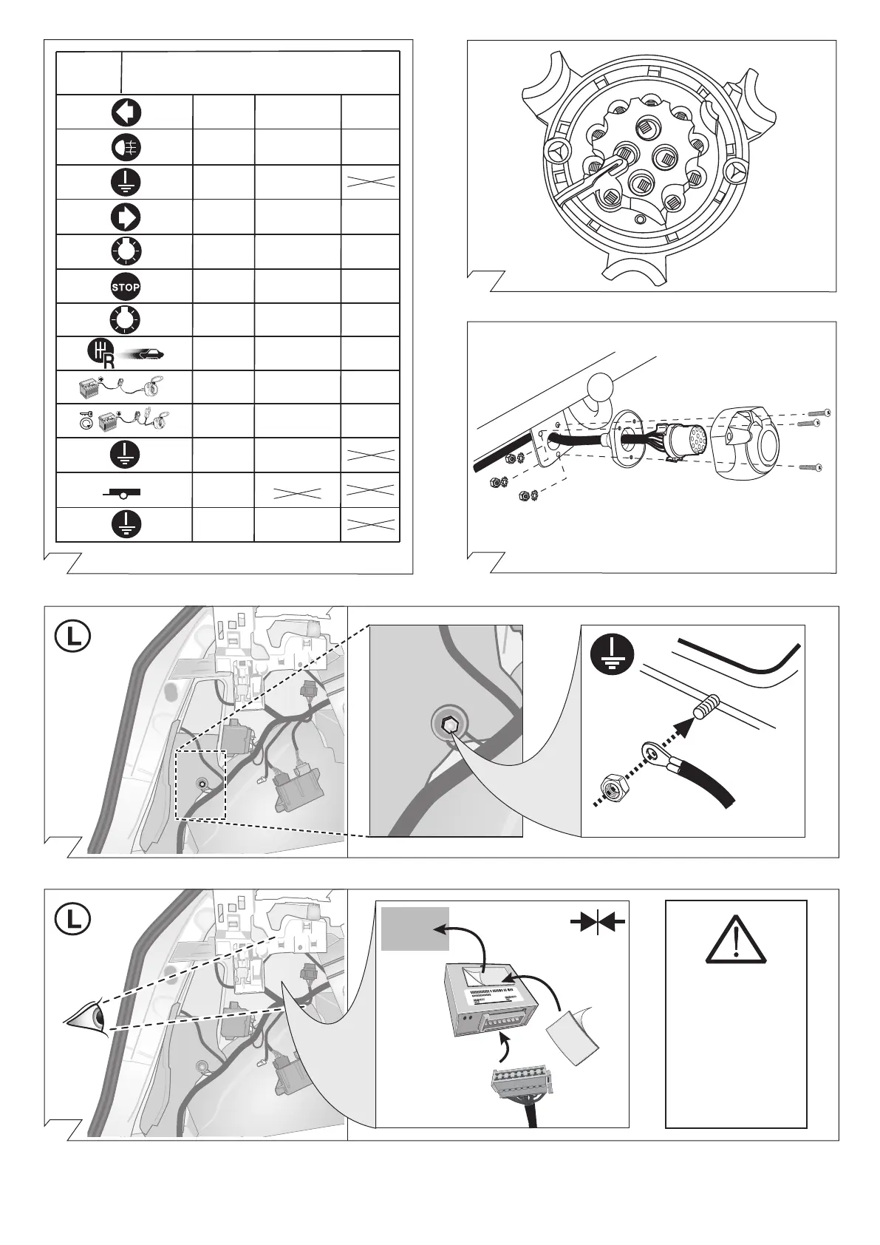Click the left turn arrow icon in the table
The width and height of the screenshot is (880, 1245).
(126, 112)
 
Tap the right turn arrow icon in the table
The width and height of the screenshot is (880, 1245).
(126, 217)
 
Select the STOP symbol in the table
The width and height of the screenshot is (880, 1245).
(126, 286)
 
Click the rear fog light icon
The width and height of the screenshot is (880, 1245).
(126, 147)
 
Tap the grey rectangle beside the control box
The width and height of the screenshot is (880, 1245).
(415, 928)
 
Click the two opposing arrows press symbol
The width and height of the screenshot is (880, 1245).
(598, 921)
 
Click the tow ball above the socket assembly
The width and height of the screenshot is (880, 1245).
(600, 386)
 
